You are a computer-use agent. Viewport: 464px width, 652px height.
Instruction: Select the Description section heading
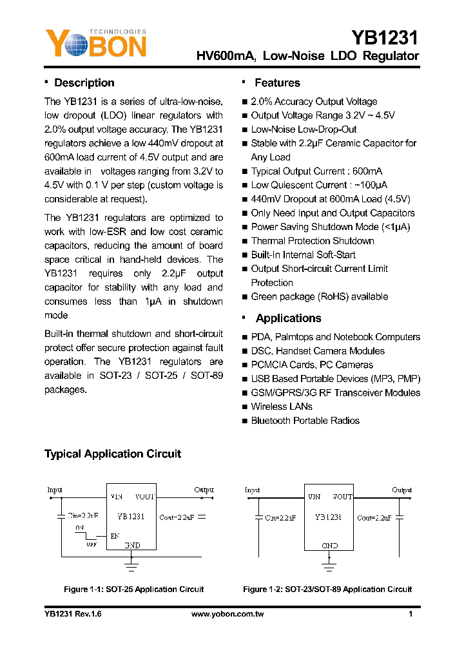[x=84, y=83]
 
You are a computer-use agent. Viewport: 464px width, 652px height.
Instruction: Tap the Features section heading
[x=277, y=83]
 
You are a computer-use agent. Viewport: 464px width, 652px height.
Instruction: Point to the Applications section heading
[x=288, y=318]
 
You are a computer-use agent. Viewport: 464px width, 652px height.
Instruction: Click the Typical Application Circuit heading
[x=113, y=454]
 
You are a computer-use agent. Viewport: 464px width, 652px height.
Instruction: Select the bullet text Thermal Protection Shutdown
[x=313, y=241]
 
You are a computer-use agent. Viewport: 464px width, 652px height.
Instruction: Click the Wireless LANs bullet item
[x=282, y=407]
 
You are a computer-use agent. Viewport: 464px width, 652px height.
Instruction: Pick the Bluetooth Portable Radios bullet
[x=305, y=421]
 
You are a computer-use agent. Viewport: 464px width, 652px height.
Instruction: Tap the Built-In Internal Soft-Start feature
[x=303, y=255]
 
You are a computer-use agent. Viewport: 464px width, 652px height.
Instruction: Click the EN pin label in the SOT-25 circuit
[x=115, y=535]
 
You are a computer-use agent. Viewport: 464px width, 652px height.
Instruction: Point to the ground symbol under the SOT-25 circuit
[x=131, y=566]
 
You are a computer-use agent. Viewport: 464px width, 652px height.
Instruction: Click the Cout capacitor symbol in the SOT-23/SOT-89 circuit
[x=400, y=517]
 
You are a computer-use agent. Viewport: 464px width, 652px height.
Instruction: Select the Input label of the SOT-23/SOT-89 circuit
[x=253, y=490]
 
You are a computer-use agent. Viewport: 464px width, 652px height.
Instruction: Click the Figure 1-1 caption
[x=133, y=590]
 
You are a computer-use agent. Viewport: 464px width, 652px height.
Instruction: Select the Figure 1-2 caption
[x=327, y=590]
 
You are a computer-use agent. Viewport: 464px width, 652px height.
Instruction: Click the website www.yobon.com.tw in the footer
[x=227, y=615]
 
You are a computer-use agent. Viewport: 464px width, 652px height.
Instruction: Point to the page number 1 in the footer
[x=411, y=615]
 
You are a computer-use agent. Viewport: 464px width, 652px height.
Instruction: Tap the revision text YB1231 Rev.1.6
[x=73, y=615]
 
